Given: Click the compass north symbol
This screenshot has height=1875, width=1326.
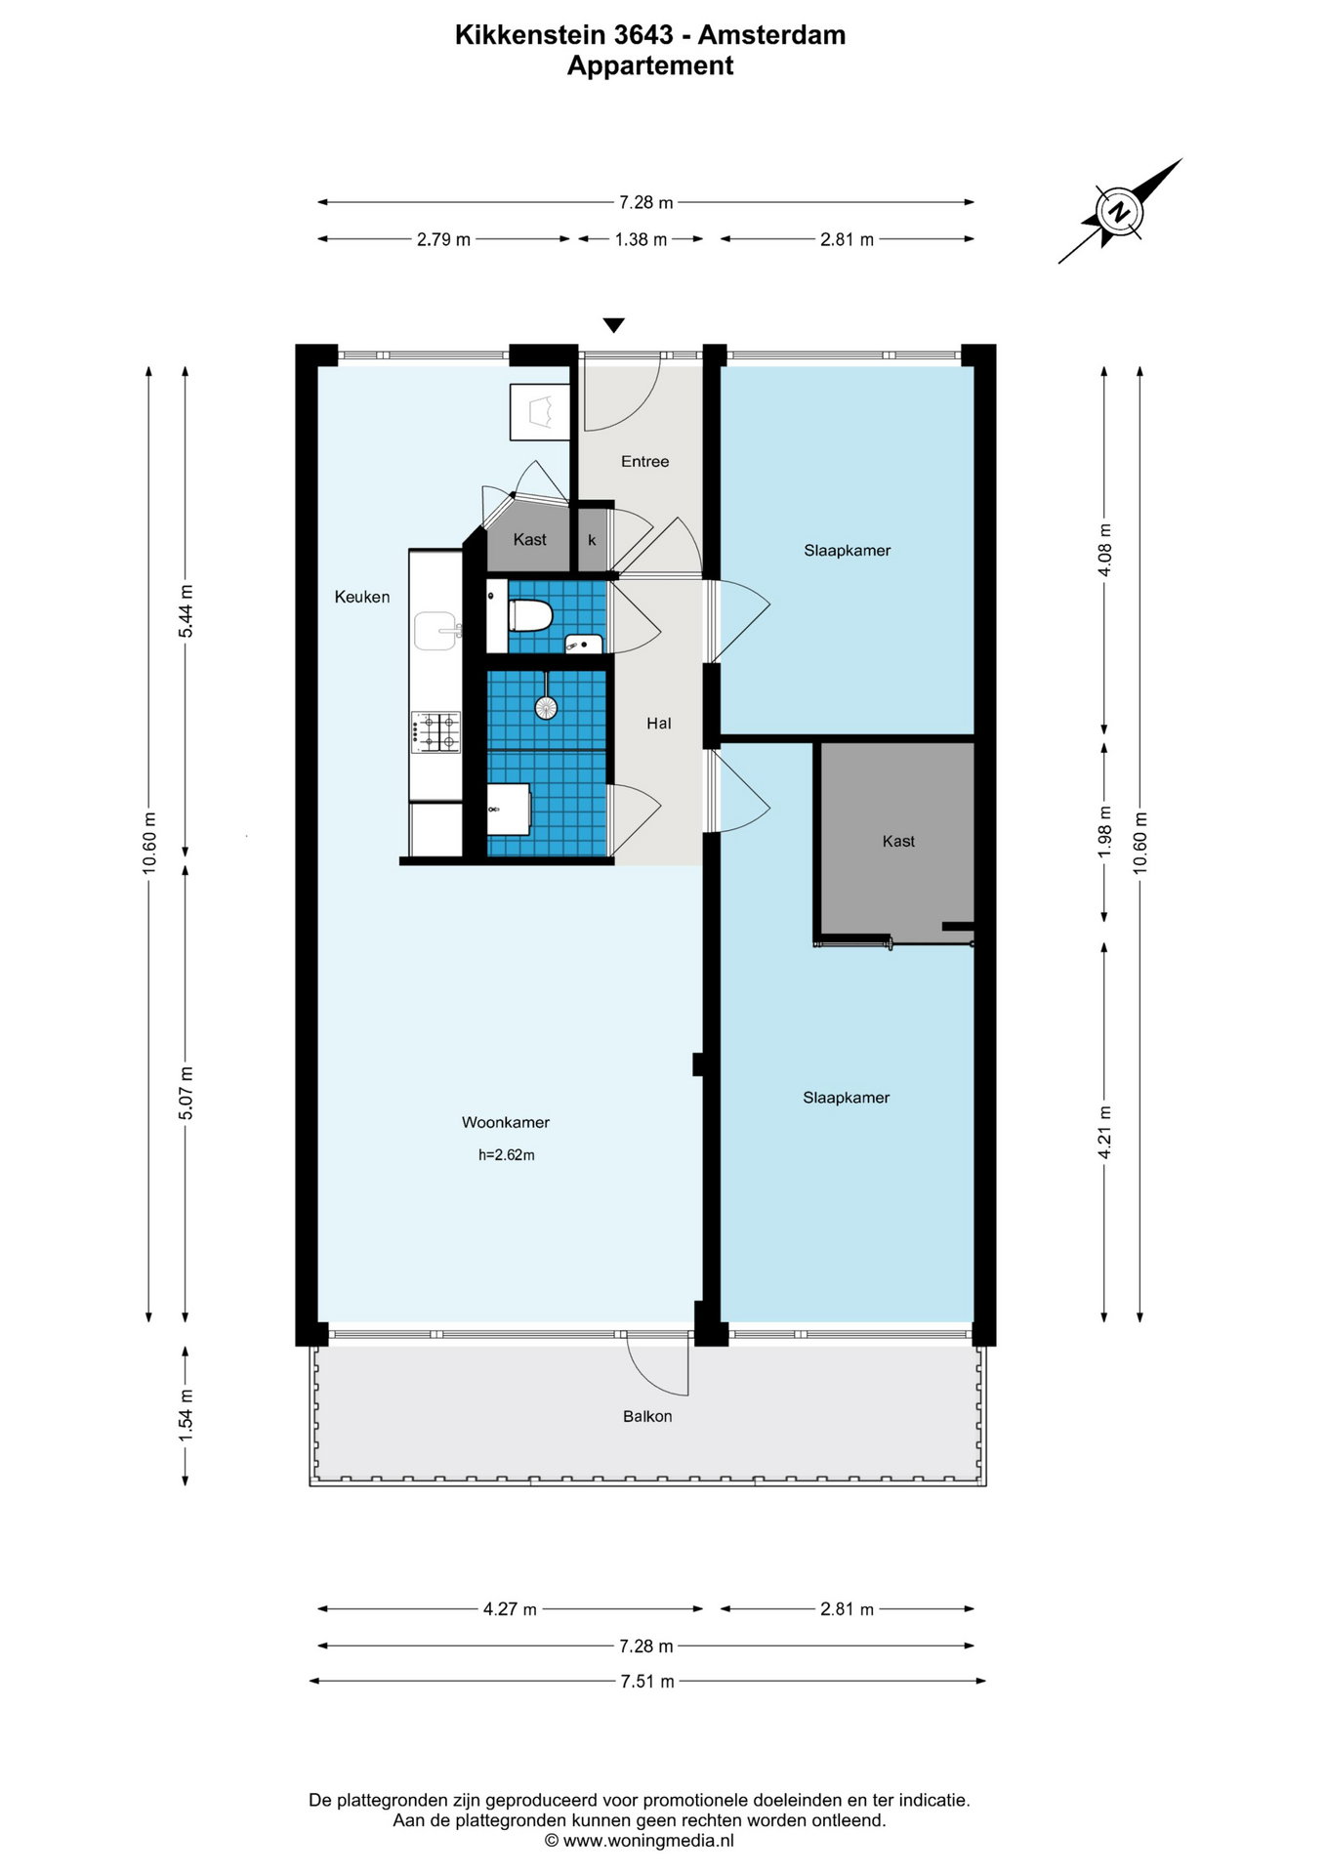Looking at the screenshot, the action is coord(1121,211).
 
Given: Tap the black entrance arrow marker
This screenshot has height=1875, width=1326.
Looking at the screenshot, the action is coord(613,325).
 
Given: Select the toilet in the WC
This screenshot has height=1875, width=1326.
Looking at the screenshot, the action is coord(530,616).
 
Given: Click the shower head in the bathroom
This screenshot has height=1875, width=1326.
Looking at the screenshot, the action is coord(546,706).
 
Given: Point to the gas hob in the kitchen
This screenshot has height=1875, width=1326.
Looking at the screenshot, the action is coord(436,732).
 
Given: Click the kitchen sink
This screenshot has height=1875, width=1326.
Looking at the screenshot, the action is coord(436,631).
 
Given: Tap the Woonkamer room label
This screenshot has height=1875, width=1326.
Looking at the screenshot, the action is coord(506,1123).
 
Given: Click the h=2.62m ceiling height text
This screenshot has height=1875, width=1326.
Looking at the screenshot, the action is coord(507,1155).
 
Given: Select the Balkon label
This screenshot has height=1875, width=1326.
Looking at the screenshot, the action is coord(647,1416).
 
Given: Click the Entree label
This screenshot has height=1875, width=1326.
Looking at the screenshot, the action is coord(645,461).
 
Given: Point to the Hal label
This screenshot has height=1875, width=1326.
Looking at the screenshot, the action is coord(659,724).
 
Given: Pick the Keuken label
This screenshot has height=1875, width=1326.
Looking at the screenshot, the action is coord(362,597).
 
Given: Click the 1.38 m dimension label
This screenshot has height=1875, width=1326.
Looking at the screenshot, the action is coord(641,239).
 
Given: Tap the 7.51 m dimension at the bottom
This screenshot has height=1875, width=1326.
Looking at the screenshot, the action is coord(646,1681).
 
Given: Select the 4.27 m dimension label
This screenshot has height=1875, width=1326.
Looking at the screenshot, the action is coord(510,1608).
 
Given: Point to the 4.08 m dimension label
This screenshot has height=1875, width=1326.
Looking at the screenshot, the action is coord(1105,550).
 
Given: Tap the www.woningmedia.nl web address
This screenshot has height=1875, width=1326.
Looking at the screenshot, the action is coord(648,1841).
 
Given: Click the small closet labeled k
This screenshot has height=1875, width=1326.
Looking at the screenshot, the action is coord(592,539).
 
